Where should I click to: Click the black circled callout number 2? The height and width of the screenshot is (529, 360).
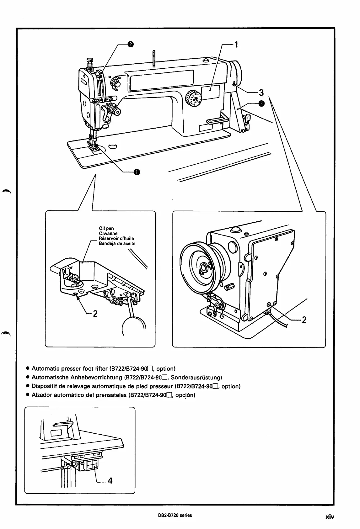(130, 44)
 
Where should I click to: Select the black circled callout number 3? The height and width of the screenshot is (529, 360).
(261, 103)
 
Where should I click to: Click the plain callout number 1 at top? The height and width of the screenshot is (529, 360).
(236, 45)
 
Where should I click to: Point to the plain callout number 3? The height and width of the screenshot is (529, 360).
(261, 93)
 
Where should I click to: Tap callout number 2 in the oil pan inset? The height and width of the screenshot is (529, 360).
(95, 313)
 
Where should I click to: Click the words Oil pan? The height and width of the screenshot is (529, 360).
(106, 229)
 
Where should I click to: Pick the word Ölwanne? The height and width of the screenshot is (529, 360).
(108, 233)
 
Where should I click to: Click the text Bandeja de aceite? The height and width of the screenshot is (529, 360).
(117, 243)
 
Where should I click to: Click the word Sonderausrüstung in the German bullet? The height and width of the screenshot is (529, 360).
(195, 377)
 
